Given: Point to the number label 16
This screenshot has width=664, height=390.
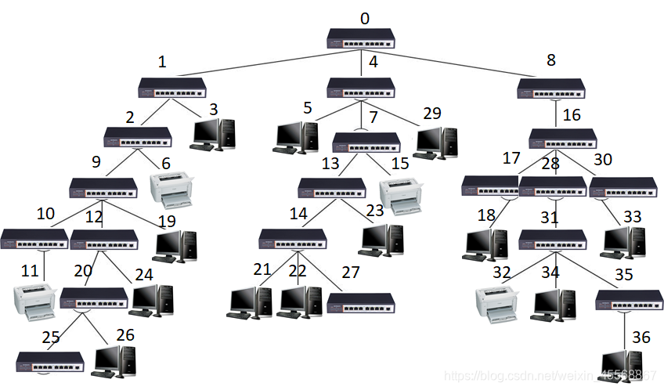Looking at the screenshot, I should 572,116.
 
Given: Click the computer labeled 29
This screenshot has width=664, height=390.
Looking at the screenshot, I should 437,140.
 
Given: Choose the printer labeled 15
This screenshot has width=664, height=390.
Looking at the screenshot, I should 401,195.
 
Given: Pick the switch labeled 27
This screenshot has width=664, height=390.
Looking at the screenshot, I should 361,302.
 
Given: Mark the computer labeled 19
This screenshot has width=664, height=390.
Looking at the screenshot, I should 175,245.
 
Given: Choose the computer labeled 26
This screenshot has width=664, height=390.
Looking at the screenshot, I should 115,360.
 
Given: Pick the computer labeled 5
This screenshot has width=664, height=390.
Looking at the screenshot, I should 296,136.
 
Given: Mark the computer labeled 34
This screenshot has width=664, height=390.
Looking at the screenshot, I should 555,304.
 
